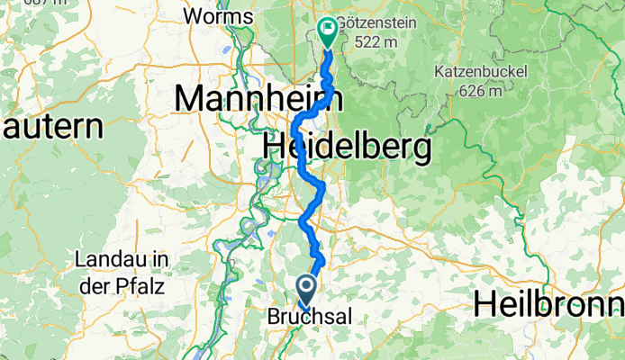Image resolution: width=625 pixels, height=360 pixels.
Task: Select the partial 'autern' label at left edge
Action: (49, 126)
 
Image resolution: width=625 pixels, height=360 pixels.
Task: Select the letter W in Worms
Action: (190, 15)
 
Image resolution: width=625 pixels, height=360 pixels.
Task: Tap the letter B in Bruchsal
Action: (274, 317)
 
